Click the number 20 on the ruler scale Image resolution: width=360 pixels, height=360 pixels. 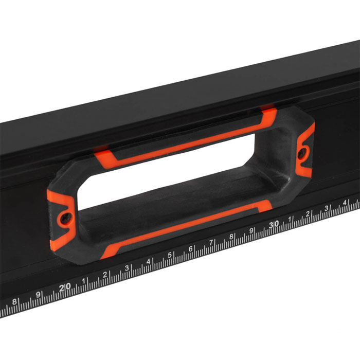pos(65,287)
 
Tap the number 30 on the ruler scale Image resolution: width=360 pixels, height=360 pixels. pos(274,224)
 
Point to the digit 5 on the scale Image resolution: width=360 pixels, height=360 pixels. pos(170,255)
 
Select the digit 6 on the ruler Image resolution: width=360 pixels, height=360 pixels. pos(191,249)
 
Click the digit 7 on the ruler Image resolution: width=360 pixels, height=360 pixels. pos(211,242)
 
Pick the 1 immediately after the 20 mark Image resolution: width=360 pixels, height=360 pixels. pos(84,281)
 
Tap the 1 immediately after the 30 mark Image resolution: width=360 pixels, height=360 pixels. pos(290,219)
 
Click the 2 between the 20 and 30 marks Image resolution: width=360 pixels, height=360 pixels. pos(105,275)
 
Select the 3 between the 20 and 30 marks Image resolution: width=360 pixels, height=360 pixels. pos(127,268)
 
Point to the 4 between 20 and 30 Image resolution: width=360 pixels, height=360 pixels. pos(148,261)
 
